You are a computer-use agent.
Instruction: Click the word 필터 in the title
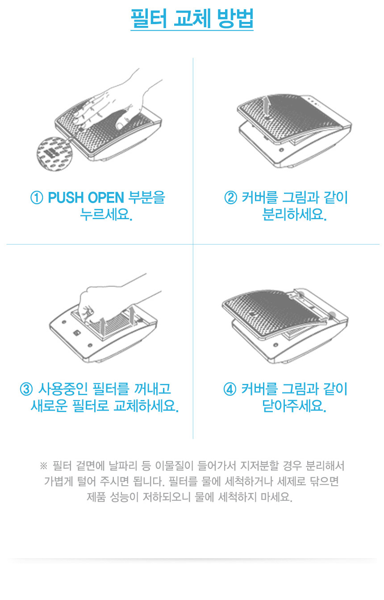[x=149, y=18]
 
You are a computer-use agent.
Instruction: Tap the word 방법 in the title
[x=235, y=18]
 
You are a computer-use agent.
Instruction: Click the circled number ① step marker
[x=37, y=198]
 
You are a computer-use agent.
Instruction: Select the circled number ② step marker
[x=231, y=198]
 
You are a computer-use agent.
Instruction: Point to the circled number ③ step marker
[x=26, y=389]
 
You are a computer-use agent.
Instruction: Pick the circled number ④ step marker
[x=230, y=389]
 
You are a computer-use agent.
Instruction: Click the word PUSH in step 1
[x=66, y=198]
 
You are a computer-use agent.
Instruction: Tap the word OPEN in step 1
[x=106, y=198]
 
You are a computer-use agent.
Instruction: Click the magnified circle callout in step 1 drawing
[x=54, y=154]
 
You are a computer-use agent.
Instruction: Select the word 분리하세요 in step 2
[x=294, y=215]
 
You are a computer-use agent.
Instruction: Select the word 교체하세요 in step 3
[x=146, y=406]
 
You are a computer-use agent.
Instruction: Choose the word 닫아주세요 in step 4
[x=294, y=406]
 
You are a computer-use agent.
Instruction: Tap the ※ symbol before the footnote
[x=43, y=466]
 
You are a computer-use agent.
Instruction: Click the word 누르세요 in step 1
[x=106, y=215]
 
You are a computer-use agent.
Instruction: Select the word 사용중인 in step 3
[x=63, y=389]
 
